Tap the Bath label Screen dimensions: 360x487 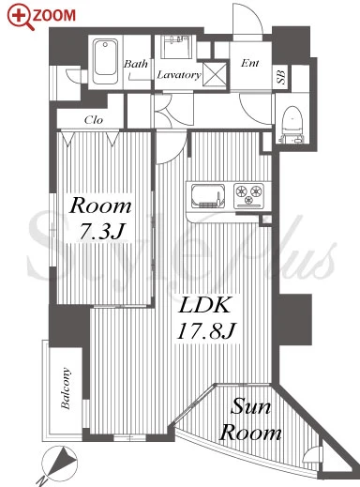click(136, 64)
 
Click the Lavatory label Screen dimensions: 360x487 click(179, 75)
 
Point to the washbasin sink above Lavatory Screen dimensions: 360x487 click(176, 47)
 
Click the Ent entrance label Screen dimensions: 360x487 click(250, 63)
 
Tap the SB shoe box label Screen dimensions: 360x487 click(281, 77)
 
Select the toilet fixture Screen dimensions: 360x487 click(292, 125)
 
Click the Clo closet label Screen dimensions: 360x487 click(94, 119)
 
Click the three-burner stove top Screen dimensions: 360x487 click(248, 196)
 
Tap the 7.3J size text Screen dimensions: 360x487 click(101, 232)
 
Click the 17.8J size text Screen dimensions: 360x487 click(206, 330)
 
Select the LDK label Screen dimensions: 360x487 click(204, 305)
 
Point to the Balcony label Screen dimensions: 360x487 click(66, 388)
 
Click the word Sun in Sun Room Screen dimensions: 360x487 click(250, 406)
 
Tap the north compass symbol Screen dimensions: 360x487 click(59, 463)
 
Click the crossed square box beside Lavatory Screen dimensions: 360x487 click(215, 74)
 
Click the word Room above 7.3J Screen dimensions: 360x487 click(100, 206)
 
